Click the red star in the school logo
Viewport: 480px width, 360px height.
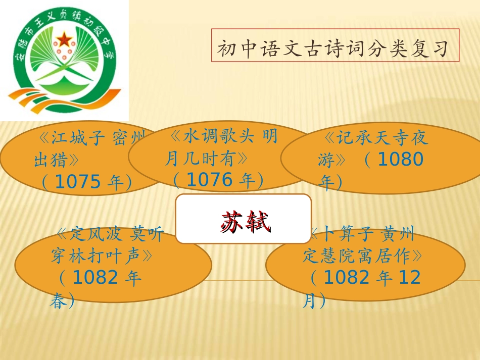coord(65,39)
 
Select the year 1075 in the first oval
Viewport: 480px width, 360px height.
coord(78,182)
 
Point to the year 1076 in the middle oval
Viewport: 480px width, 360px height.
coord(210,180)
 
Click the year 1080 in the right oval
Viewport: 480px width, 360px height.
coord(401,160)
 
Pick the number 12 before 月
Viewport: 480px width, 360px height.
coord(410,277)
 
